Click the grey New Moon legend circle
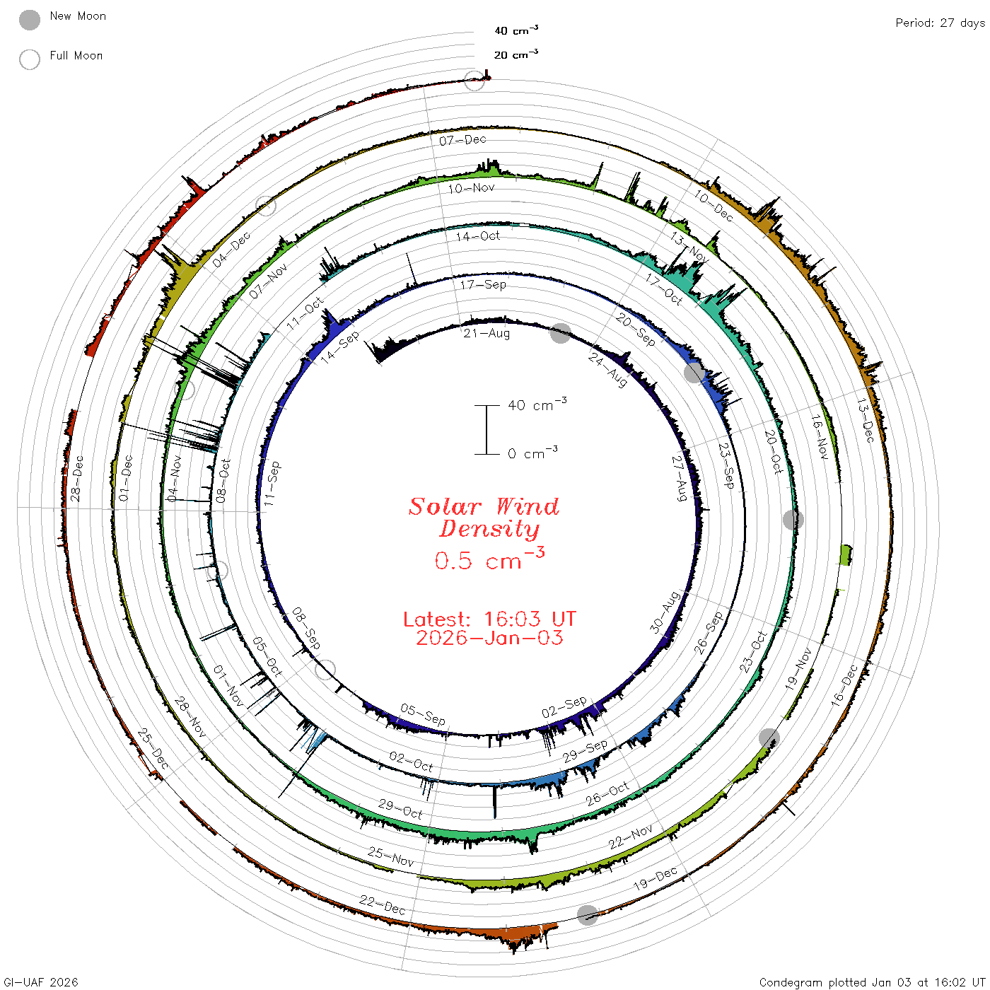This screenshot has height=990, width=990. [30, 20]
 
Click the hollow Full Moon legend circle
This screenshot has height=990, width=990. [30, 59]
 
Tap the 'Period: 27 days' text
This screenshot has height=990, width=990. [940, 23]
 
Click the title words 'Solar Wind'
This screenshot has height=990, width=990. [484, 506]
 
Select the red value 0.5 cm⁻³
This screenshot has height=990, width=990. [489, 559]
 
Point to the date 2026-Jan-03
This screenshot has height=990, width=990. [489, 638]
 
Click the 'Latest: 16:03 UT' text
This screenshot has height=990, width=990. [489, 619]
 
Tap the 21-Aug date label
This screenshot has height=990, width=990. [487, 333]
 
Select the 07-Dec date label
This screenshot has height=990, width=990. [462, 140]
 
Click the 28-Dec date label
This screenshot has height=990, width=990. [77, 478]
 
